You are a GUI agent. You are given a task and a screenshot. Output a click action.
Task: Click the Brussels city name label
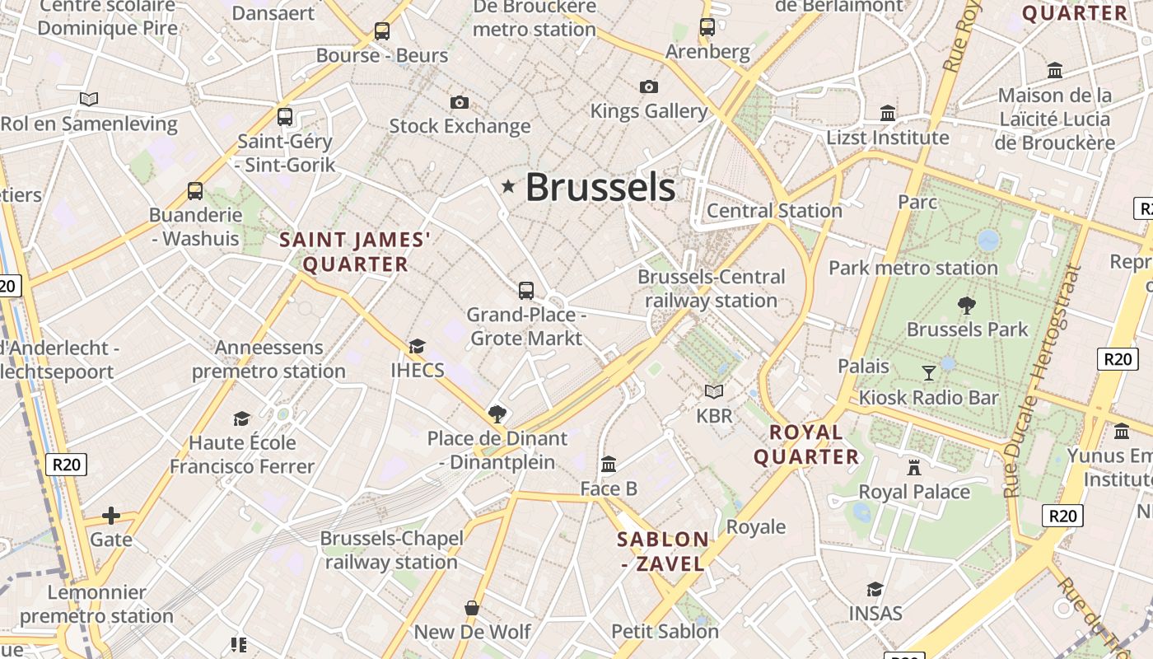[x=600, y=187]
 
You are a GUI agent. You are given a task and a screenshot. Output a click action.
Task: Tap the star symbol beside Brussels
[x=508, y=187]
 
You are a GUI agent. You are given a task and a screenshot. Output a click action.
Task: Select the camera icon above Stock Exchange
[x=460, y=102]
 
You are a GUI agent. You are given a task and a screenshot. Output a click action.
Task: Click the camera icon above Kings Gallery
[x=649, y=86]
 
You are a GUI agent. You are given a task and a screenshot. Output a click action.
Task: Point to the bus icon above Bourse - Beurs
[x=382, y=31]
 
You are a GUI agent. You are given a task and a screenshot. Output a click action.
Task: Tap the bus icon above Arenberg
[x=707, y=26]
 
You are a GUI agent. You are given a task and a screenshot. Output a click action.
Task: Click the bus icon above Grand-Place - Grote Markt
[x=526, y=290]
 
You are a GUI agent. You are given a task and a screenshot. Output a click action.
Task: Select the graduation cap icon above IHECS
[x=418, y=346]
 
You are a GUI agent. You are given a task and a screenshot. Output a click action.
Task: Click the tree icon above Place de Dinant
[x=497, y=414]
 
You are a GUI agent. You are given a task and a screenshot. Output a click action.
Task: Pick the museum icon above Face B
[x=609, y=465]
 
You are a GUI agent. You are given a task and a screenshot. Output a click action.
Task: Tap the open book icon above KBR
[x=714, y=391]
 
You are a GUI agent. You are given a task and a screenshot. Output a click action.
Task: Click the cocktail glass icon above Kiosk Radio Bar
[x=929, y=373]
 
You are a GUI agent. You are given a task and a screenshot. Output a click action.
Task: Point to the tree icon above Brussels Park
[x=967, y=306]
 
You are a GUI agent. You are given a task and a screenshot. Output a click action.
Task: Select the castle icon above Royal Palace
[x=913, y=468]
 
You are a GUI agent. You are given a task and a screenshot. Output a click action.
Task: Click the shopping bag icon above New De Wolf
[x=472, y=608]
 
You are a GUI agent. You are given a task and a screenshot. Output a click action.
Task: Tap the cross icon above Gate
[x=110, y=516]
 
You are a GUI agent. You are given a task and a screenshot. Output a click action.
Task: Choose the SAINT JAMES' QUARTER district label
[x=355, y=252]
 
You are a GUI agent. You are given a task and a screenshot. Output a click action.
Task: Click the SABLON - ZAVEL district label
[x=663, y=552]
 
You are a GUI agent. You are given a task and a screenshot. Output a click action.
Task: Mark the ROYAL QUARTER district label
[x=806, y=445]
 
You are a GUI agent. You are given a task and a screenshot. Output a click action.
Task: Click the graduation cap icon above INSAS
[x=875, y=589]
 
